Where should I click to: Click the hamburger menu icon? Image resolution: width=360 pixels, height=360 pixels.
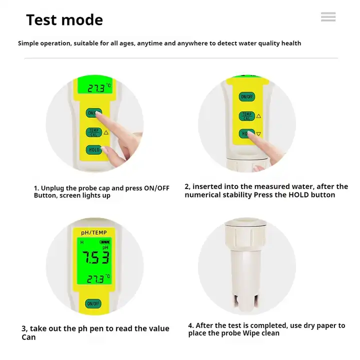[328, 17]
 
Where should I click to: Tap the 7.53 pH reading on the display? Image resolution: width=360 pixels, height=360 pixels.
[95, 257]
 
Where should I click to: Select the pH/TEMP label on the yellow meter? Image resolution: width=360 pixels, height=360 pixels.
[94, 232]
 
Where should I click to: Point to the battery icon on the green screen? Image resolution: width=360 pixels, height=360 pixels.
[104, 242]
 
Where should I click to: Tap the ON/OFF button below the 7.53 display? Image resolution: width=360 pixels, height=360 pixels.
[93, 303]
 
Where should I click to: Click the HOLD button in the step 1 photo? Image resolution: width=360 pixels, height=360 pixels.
[93, 149]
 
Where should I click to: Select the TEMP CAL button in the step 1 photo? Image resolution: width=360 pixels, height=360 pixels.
[93, 132]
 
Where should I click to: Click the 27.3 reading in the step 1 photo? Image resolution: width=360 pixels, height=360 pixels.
[96, 88]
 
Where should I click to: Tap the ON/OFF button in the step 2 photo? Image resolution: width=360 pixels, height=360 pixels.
[246, 96]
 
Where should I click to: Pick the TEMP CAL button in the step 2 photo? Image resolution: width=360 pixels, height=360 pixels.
[246, 116]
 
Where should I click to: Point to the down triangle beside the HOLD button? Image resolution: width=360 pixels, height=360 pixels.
[258, 134]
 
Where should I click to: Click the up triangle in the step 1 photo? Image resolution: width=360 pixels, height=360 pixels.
[106, 132]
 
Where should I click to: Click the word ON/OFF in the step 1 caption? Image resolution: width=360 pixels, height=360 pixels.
[156, 188]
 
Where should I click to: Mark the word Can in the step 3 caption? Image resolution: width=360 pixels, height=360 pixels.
[28, 337]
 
